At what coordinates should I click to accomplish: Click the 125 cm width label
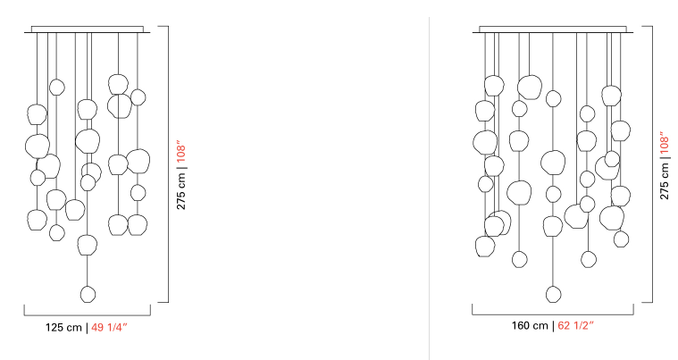point(63,328)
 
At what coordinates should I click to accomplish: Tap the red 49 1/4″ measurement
point(109,328)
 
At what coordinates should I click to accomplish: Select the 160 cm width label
point(530,325)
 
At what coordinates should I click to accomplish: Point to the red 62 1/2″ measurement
point(576,325)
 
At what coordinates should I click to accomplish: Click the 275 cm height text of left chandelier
point(181,191)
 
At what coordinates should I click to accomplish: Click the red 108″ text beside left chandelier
point(181,151)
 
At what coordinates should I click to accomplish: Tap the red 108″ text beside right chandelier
point(665,143)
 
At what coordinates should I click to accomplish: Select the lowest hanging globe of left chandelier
point(88,294)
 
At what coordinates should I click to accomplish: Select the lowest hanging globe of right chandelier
point(554,294)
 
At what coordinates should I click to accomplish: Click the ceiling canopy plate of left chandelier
point(88,29)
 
